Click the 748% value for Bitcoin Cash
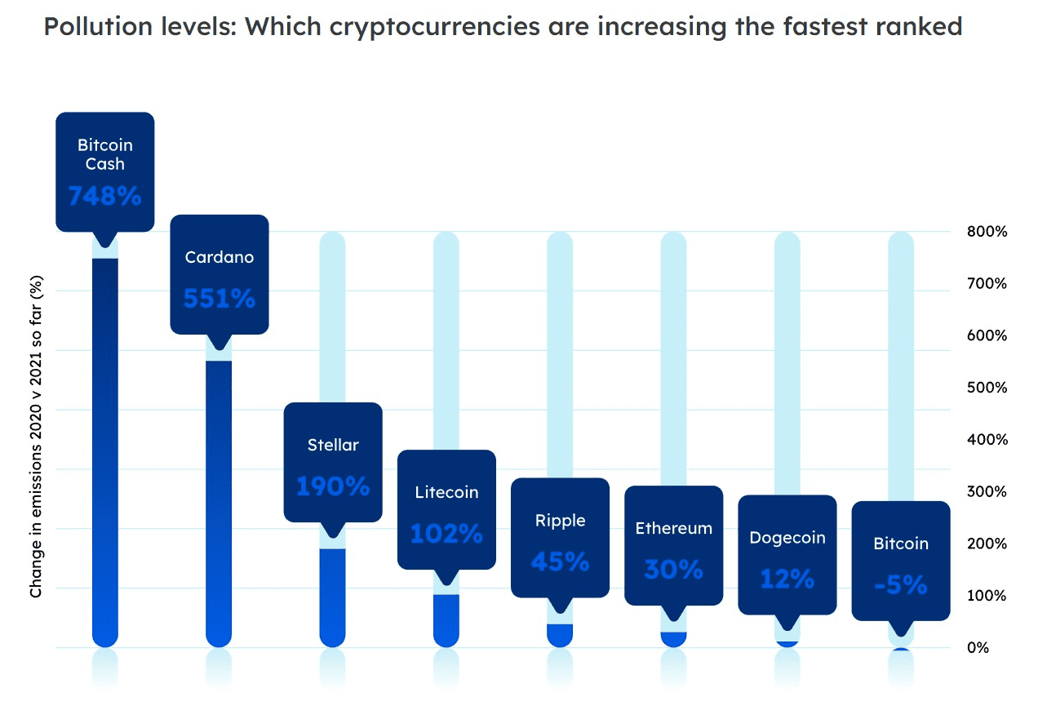pos(104,196)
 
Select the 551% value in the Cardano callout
pos(219,299)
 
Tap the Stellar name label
pos(333,445)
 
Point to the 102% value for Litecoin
pos(446,534)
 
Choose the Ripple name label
pos(560,521)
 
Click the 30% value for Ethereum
pos(673,569)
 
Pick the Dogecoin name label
pos(787,538)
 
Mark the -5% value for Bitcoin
pos(901,585)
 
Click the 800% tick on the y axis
pos(987,232)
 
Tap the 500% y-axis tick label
pos(987,388)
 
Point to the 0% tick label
pos(978,648)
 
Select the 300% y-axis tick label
pos(987,491)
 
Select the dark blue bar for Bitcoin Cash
pos(105,449)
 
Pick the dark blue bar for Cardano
pos(219,498)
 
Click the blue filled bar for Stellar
pos(333,596)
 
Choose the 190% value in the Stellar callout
pos(333,487)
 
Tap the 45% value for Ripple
pos(560,562)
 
